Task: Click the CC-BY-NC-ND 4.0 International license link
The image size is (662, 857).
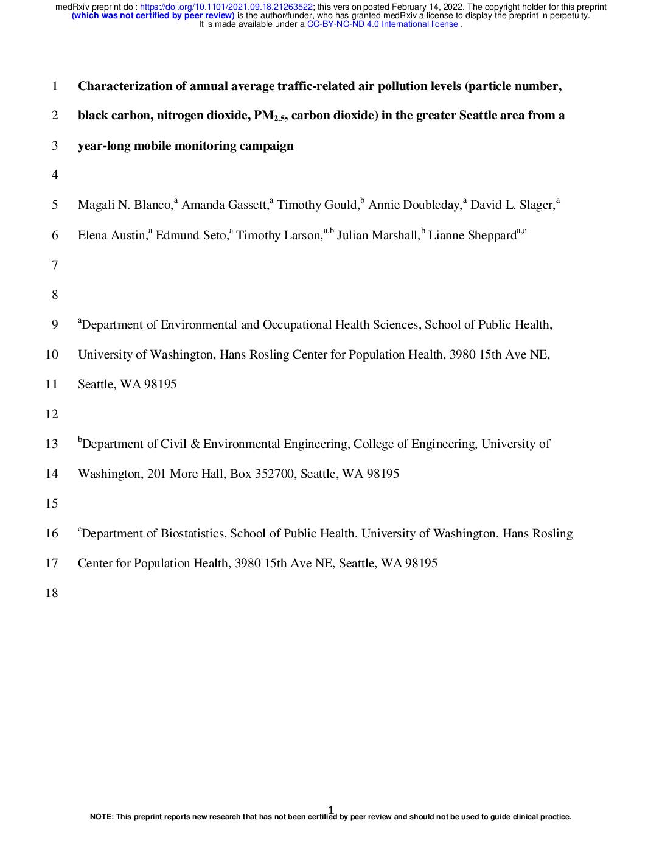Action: pyautogui.click(x=382, y=24)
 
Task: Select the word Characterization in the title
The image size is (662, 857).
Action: pyautogui.click(x=125, y=86)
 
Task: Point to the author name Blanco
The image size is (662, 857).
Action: pyautogui.click(x=152, y=205)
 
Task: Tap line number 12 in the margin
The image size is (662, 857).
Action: pyautogui.click(x=52, y=415)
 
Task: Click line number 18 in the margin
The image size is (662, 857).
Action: pyautogui.click(x=52, y=593)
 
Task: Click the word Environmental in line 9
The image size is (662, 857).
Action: pyautogui.click(x=198, y=325)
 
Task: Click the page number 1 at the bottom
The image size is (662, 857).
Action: pyautogui.click(x=330, y=810)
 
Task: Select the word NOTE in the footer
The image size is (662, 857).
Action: pyautogui.click(x=101, y=817)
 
